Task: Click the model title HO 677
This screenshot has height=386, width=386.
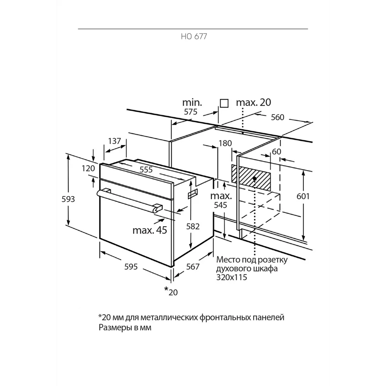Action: pyautogui.click(x=194, y=36)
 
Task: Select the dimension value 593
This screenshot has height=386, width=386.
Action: pyautogui.click(x=68, y=199)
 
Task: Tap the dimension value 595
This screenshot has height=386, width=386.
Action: pyautogui.click(x=131, y=267)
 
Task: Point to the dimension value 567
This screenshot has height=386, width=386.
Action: pyautogui.click(x=193, y=267)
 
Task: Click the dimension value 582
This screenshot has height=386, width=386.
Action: pyautogui.click(x=193, y=226)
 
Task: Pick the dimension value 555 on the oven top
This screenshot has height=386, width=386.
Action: pyautogui.click(x=146, y=169)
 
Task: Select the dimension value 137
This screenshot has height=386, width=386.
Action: pyautogui.click(x=115, y=141)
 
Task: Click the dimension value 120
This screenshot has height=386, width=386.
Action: pyautogui.click(x=88, y=168)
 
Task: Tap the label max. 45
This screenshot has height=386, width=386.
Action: pyautogui.click(x=150, y=230)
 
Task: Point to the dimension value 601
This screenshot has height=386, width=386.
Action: pyautogui.click(x=303, y=196)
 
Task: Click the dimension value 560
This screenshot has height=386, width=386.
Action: pyautogui.click(x=278, y=117)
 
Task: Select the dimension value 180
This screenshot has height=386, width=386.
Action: pyautogui.click(x=225, y=143)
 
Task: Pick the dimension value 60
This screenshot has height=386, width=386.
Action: pyautogui.click(x=276, y=151)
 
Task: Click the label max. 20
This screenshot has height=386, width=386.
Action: pyautogui.click(x=254, y=102)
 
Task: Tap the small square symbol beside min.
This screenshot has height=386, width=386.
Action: pyautogui.click(x=224, y=103)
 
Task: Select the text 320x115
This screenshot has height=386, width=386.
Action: pyautogui.click(x=232, y=278)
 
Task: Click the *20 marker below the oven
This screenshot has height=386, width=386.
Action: pyautogui.click(x=171, y=291)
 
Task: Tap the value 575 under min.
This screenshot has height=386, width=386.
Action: pyautogui.click(x=191, y=112)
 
